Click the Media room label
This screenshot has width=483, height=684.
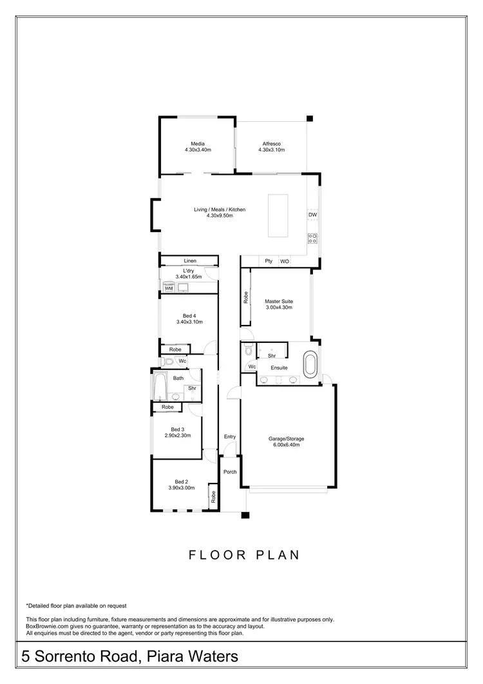point(198,144)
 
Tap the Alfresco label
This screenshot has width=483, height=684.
point(271,144)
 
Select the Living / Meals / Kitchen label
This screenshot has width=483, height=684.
point(220,210)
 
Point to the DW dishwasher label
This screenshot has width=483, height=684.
point(312,215)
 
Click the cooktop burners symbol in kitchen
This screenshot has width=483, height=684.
point(313,238)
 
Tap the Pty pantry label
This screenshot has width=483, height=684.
point(269,261)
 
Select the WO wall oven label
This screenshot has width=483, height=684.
point(284,261)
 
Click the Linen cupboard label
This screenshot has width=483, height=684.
point(189,260)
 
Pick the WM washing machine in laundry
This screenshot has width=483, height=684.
point(168,288)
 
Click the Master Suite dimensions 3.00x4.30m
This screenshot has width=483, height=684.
point(279,308)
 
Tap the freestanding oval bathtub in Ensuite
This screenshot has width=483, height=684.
point(310,364)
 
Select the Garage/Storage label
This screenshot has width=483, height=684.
point(286,439)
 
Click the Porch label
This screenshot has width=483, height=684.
point(230,472)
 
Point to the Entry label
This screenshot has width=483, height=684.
point(230,436)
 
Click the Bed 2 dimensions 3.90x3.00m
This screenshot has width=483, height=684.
point(181,488)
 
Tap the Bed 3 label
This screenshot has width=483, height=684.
point(178,429)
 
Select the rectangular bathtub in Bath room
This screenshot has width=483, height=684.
point(160,388)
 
